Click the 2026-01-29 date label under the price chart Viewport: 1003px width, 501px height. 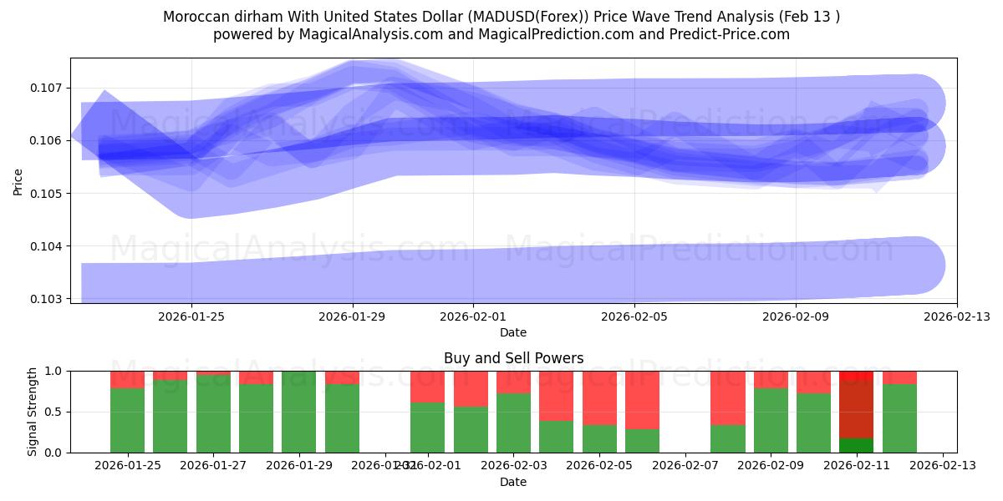point(352,316)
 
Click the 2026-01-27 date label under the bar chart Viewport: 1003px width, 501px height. point(213,466)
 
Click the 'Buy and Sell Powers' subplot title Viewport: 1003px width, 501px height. point(513,358)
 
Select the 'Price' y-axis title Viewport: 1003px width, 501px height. point(18,180)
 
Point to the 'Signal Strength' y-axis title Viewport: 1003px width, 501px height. point(33,412)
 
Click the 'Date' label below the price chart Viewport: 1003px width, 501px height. point(513,332)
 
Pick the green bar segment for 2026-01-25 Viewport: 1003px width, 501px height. point(127,420)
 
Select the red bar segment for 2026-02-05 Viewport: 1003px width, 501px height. point(599,397)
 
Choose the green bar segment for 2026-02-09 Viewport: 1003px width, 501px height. point(771,420)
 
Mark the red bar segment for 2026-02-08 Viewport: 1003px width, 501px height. point(728,397)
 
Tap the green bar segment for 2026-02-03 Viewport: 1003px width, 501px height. point(513,423)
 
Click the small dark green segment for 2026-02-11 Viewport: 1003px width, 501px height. point(856,445)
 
